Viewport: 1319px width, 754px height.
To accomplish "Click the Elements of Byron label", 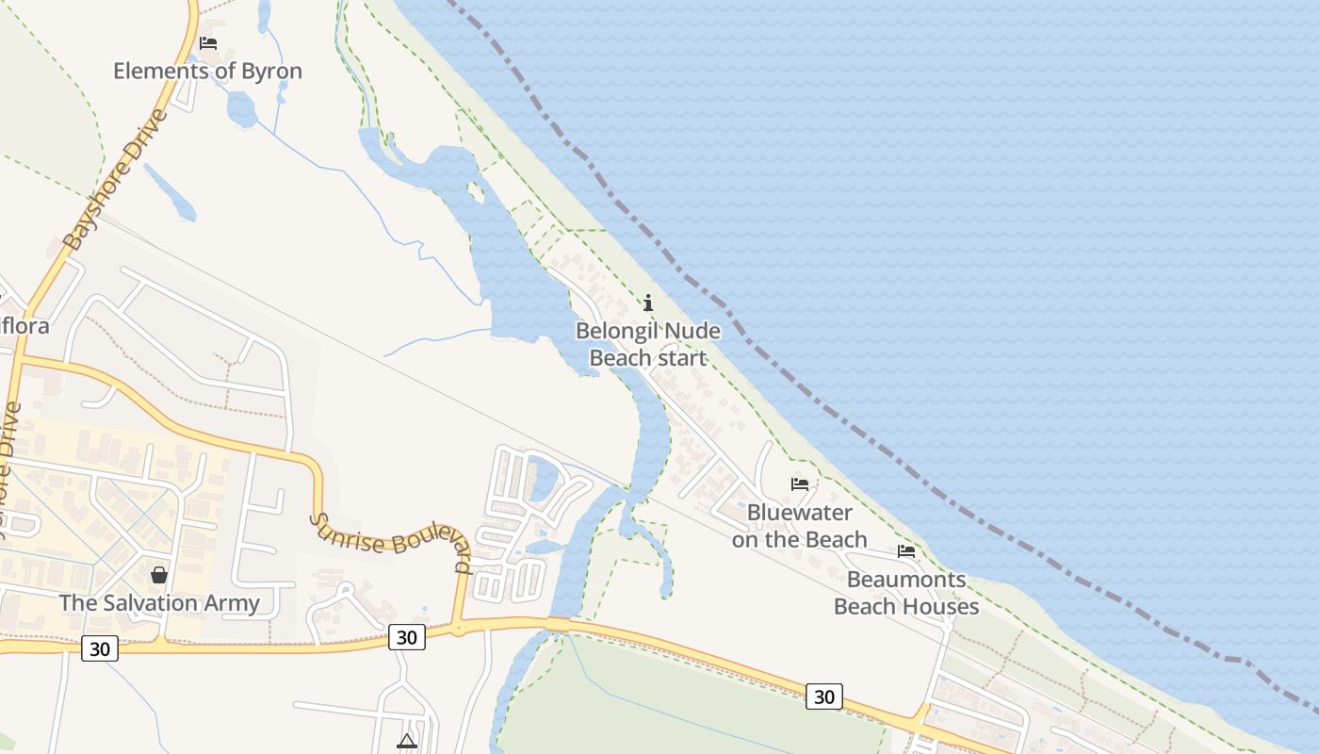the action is tap(207, 71).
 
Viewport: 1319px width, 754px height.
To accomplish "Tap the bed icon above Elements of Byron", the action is tap(208, 43).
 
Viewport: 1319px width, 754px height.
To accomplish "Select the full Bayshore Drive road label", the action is tap(116, 180).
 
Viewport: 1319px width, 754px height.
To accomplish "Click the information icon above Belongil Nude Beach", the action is tap(647, 303).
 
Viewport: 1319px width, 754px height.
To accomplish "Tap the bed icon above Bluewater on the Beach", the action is tap(800, 484).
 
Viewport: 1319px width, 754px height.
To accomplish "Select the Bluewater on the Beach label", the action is tap(800, 526).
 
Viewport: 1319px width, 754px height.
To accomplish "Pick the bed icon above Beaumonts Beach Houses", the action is tap(906, 551).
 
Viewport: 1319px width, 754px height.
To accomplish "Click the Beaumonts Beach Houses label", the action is tap(906, 593).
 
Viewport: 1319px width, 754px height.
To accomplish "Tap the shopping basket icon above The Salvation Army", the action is tap(159, 574).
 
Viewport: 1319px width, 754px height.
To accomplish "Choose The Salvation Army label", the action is tap(159, 603).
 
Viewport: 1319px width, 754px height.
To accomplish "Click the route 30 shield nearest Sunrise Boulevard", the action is tap(406, 637).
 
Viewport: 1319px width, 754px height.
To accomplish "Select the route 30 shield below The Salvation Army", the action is tap(99, 648).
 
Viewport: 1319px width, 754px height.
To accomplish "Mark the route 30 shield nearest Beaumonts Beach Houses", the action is tap(823, 697).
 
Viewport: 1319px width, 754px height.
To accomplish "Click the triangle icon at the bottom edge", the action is tap(407, 741).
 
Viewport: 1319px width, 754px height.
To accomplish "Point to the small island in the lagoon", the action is tap(476, 193).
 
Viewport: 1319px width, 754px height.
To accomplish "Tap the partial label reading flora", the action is tap(24, 327).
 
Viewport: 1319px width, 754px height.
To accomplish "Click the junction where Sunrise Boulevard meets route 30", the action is tap(459, 627).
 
